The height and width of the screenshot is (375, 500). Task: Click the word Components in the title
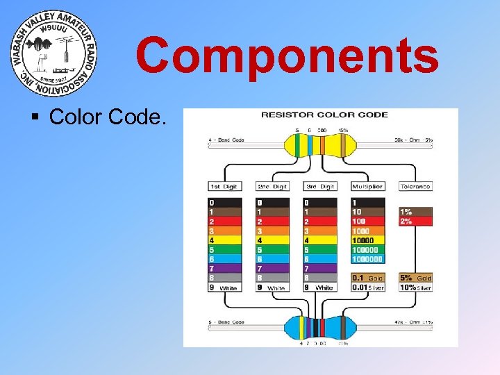tap(287, 56)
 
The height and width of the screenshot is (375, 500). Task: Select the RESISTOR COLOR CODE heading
tap(324, 115)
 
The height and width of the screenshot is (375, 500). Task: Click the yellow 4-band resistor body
tap(319, 145)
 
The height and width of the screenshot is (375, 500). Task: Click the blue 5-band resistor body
tap(320, 326)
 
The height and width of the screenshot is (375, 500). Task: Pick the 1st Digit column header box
tap(225, 186)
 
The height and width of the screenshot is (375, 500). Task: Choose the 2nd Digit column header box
tap(272, 186)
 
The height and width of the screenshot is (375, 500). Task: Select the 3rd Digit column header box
tap(319, 186)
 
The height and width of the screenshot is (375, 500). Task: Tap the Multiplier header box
tap(367, 186)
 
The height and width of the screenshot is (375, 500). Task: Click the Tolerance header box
tap(415, 186)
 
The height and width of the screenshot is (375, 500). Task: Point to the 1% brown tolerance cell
tap(415, 212)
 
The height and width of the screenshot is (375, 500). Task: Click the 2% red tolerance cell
tap(415, 221)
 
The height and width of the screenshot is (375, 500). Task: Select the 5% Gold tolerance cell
tap(415, 278)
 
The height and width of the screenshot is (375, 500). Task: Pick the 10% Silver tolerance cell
tap(415, 287)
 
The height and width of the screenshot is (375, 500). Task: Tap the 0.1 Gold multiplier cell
tap(367, 278)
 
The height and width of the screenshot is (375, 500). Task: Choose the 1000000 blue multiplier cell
tap(367, 259)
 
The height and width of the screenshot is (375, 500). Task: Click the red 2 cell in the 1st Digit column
tap(225, 221)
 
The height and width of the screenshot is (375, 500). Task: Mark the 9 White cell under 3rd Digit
tap(319, 287)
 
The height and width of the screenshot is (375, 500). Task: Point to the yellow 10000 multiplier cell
tap(367, 240)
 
